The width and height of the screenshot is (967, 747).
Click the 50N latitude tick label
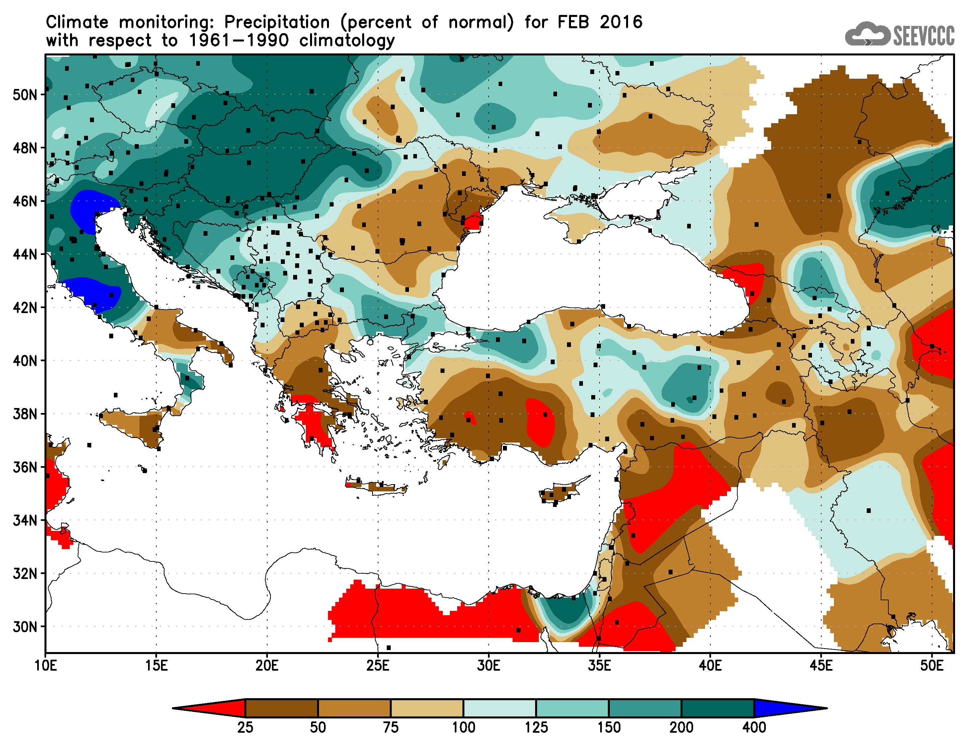point(25,94)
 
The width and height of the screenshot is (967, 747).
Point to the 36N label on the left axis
point(25,467)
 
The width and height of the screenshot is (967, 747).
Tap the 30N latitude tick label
point(25,627)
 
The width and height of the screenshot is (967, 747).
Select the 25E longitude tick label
point(378,666)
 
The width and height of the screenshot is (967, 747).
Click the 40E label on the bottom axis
point(710,666)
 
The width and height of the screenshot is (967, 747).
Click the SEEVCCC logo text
point(924,36)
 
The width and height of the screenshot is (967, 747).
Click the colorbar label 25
point(245,727)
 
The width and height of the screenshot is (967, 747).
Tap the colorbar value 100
point(463,727)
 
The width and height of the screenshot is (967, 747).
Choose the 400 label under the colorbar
point(754,727)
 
